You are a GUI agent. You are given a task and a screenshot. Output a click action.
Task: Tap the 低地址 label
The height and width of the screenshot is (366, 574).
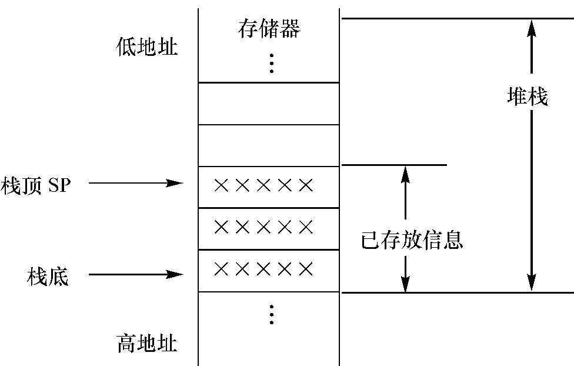point(147,47)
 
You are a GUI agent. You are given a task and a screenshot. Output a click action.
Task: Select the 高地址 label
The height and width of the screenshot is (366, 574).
point(147,343)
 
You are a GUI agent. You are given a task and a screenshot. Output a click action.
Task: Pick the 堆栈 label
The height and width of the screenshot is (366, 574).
point(528,97)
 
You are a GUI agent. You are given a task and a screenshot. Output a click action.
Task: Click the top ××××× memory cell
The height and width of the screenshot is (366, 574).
point(269,187)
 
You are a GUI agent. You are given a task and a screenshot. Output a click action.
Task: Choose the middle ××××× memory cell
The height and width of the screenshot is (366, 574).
point(269,228)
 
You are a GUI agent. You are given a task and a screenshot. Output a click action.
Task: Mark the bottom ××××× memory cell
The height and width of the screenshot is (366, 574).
point(269,271)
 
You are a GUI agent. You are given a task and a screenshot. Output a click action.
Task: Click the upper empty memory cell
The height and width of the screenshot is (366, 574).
point(269,104)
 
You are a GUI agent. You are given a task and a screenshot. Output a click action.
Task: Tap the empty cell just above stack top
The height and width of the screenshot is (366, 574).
point(269,145)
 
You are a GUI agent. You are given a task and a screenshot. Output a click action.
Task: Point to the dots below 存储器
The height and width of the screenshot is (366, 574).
point(271,63)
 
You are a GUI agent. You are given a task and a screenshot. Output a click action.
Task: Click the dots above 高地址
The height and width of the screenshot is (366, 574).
point(271,315)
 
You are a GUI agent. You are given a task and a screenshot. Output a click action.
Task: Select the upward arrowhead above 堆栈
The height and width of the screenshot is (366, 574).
point(532,28)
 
